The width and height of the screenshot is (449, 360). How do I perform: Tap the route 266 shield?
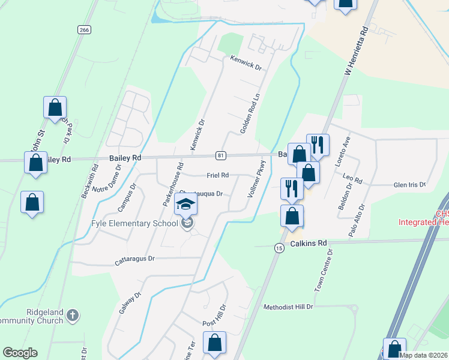84,29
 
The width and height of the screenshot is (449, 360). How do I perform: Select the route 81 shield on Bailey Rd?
221,155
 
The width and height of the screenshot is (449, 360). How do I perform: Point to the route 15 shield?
279,248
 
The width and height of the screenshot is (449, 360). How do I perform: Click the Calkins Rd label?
309,243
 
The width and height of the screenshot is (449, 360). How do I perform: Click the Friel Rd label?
217,175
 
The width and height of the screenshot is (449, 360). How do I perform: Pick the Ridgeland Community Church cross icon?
72,314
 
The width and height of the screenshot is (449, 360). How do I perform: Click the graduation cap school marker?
186,205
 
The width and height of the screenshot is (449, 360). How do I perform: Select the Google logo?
20,353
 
